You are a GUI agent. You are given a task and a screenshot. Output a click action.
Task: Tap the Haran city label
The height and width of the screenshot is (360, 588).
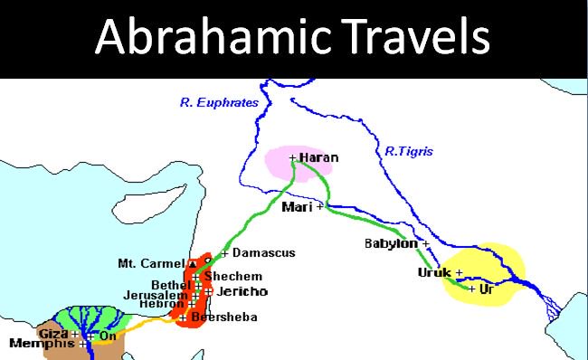pyautogui.click(x=318, y=157)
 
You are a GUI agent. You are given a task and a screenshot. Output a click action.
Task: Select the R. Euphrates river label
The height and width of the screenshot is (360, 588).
pyautogui.click(x=219, y=103)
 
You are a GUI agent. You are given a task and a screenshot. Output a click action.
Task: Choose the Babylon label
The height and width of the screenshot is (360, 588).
pyautogui.click(x=391, y=243)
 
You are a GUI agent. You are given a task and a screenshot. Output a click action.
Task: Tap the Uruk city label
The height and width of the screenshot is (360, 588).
pyautogui.click(x=434, y=272)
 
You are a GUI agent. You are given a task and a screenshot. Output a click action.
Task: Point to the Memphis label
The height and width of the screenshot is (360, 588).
pyautogui.click(x=42, y=344)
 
